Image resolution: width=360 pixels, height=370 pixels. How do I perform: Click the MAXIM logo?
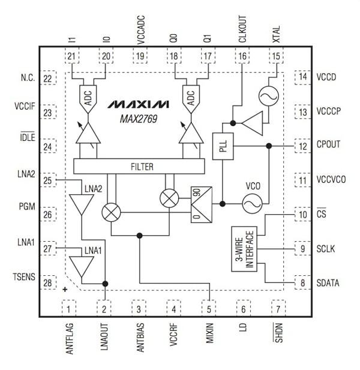[x=138, y=104]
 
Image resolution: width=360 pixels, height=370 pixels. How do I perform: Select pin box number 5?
[x=209, y=309]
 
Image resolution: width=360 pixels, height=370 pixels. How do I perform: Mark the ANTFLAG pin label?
[x=70, y=339]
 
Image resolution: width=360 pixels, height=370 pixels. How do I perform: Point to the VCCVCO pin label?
[x=331, y=179]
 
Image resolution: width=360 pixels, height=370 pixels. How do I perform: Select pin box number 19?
[x=140, y=57]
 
